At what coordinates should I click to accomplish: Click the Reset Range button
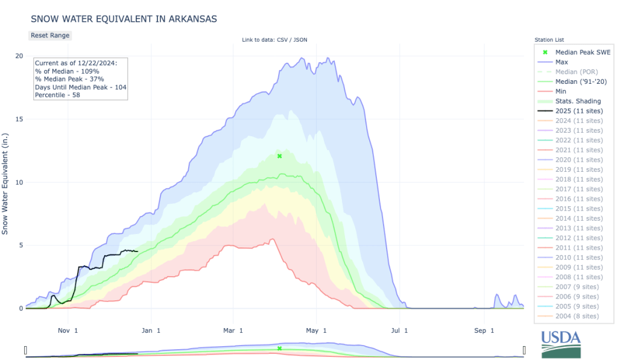click(x=50, y=35)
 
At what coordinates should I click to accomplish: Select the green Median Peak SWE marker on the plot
click(x=280, y=156)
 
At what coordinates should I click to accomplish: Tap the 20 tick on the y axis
click(x=19, y=56)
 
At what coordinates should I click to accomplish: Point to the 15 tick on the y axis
click(x=19, y=119)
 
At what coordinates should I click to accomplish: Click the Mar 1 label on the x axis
click(x=233, y=330)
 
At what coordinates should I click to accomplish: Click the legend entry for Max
click(x=561, y=62)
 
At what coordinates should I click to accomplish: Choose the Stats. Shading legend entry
click(x=578, y=101)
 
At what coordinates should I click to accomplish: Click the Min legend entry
click(x=561, y=90)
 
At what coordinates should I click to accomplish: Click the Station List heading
click(x=549, y=40)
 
